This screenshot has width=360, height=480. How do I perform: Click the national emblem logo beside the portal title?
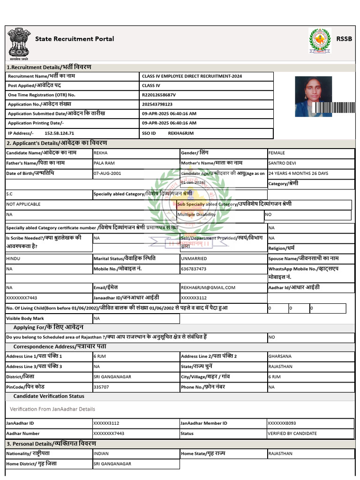[x=18, y=44]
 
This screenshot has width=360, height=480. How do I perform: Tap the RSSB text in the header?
[x=344, y=39]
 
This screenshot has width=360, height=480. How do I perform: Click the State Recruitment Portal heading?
[x=75, y=39]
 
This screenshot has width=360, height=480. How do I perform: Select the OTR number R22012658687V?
[x=159, y=95]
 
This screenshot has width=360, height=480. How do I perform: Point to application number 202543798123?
[x=157, y=104]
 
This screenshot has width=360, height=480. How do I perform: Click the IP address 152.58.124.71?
[x=59, y=133]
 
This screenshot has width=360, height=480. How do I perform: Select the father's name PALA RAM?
[x=104, y=163]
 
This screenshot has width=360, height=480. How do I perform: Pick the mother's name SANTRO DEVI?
[x=282, y=163]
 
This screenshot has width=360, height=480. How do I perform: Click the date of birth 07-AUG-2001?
[x=107, y=173]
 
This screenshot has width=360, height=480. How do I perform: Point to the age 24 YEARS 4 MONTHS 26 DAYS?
[x=298, y=173]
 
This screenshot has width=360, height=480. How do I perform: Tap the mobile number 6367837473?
[x=194, y=269]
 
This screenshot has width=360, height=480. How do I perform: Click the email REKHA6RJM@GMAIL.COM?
[x=208, y=287]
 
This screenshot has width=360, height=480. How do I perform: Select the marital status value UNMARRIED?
[x=194, y=258]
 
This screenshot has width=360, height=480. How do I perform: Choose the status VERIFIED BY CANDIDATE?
[x=292, y=434]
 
